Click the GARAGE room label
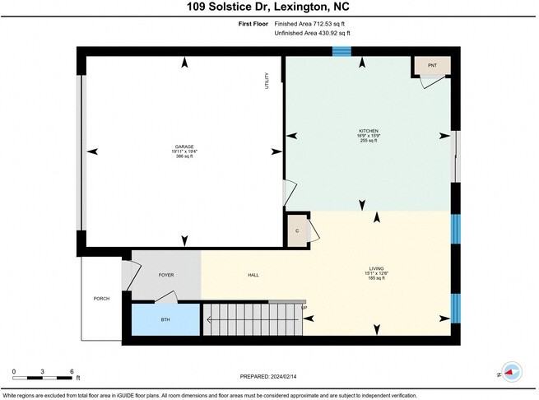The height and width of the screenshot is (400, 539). (x=184, y=146)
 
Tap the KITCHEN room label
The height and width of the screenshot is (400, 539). (x=368, y=130)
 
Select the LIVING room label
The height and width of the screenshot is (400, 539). (x=377, y=268)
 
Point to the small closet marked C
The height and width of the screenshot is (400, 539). (x=297, y=231)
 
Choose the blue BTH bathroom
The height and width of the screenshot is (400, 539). (x=165, y=319)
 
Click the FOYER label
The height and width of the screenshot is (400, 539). (x=166, y=274)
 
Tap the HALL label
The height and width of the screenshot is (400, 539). (x=253, y=274)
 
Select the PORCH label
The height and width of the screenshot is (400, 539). (x=101, y=298)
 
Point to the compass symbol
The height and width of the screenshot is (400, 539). (x=511, y=372)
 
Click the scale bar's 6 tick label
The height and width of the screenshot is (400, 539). (x=72, y=372)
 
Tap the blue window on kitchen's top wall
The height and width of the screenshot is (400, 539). (x=342, y=51)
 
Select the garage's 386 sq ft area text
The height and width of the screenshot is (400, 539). (x=184, y=156)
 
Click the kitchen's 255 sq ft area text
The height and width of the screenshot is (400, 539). (x=368, y=141)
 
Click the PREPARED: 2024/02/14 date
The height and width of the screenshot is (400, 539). (x=269, y=376)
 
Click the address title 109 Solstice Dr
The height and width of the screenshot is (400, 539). (x=269, y=7)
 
